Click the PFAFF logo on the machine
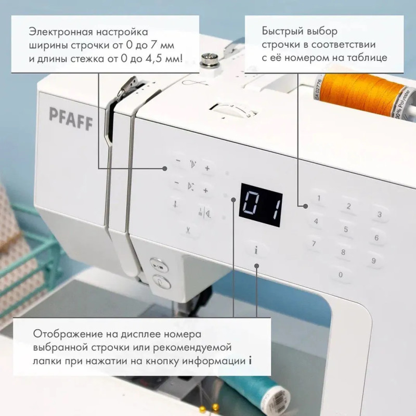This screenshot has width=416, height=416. (71, 119)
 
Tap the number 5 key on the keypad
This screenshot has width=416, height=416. (346, 229)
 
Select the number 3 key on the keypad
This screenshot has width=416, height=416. (380, 214)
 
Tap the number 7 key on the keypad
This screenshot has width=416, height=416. (314, 243)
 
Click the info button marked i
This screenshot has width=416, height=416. (256, 250)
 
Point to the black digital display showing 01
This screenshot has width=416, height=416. (261, 205)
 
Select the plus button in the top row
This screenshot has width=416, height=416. (207, 168)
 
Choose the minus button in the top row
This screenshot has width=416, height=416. (178, 161)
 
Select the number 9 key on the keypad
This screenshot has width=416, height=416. (373, 261)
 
